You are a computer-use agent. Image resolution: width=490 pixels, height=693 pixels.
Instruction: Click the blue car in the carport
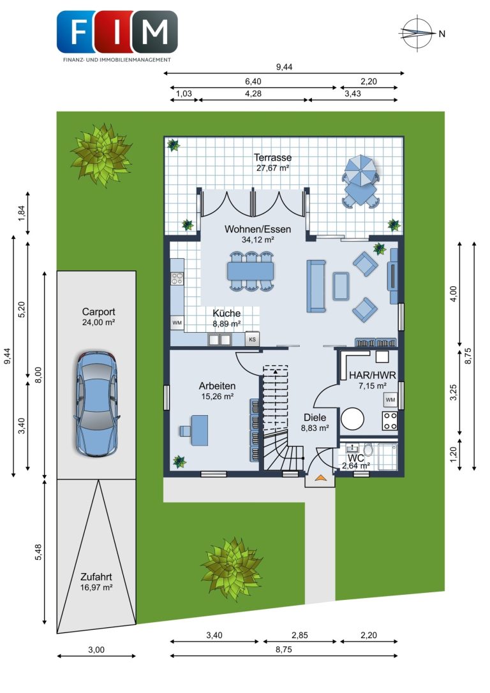[96, 404]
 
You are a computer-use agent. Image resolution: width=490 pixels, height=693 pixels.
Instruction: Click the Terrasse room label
[273, 157]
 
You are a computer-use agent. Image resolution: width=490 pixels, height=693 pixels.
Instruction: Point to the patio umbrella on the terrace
[360, 170]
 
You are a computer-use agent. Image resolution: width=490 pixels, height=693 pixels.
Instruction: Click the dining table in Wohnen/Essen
[250, 270]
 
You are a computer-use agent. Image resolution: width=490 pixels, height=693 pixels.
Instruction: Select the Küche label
[226, 313]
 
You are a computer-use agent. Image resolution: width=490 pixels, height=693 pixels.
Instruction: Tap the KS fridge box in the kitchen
[253, 339]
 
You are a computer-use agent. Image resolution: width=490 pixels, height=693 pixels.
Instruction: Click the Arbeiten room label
[217, 386]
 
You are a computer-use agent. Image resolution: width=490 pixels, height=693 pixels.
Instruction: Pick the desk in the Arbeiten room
[200, 430]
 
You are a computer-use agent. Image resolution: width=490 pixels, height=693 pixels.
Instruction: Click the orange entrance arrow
[320, 478]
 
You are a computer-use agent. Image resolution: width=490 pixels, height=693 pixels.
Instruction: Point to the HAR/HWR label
[373, 376]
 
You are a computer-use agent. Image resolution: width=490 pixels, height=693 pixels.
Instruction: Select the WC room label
[355, 458]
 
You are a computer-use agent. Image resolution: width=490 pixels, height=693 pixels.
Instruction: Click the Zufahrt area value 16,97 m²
[96, 587]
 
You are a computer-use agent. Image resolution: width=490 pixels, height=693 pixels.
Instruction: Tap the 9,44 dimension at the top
[285, 67]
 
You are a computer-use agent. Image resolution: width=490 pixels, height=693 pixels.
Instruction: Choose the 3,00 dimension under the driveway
[96, 650]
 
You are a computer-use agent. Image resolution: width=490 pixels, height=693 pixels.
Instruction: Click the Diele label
[315, 417]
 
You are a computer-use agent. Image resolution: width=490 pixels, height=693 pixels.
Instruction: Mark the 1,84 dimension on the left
[22, 213]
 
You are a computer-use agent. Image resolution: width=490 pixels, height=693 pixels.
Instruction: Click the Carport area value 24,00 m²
[99, 322]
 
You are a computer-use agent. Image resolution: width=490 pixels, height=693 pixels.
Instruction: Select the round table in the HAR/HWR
[352, 418]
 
